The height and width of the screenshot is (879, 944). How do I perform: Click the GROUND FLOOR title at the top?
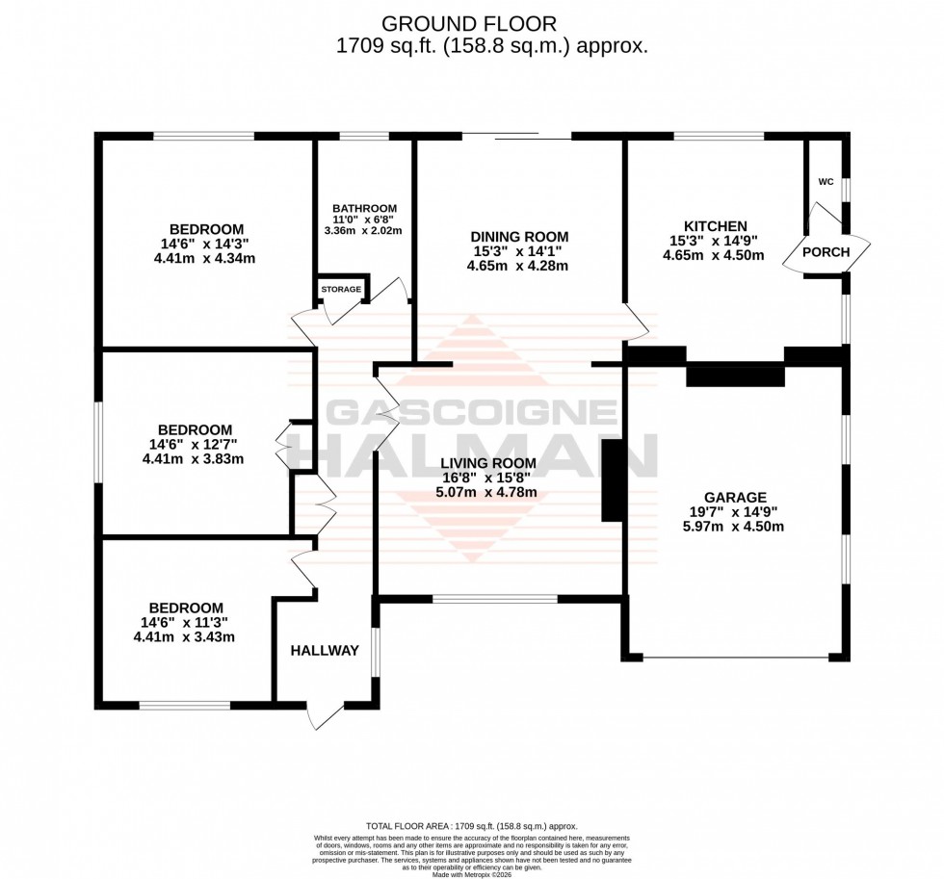(471, 22)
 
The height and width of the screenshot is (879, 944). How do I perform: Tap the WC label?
(826, 181)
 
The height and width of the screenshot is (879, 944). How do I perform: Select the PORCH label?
(827, 252)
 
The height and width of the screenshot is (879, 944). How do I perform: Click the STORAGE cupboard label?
(340, 289)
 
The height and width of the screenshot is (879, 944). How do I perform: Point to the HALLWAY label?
(325, 651)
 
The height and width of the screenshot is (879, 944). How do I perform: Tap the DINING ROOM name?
(519, 237)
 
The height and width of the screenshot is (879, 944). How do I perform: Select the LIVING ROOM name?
(488, 463)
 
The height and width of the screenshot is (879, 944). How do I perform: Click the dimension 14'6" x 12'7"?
(193, 444)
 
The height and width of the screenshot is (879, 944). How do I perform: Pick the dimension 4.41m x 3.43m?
(184, 636)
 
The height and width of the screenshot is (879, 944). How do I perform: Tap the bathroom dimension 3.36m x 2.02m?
(362, 231)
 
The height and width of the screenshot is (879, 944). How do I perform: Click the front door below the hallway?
(325, 713)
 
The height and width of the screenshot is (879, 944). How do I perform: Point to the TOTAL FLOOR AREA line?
(471, 826)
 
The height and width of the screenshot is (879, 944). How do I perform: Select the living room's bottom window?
(494, 598)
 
